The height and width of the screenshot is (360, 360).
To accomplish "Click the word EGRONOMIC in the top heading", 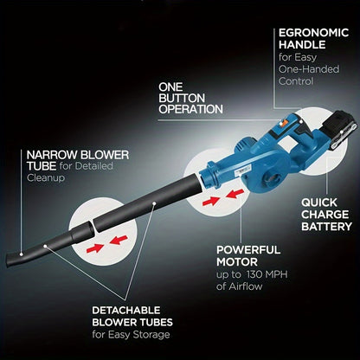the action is coord(313,33).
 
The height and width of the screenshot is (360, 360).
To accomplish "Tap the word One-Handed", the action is coord(309,69).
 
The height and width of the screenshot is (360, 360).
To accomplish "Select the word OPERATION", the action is coord(190,109).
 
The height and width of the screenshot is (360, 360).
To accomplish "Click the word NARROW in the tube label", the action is coord(52,155).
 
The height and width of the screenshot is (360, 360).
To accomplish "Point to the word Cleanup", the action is coord(46,178).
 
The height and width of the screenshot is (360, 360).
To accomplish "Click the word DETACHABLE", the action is coord(126,311).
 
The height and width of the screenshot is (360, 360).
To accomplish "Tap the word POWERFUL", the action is coord(248,250).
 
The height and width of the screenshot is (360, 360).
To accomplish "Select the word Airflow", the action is coord(246,286).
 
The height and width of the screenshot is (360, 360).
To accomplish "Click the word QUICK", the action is coord(319,202).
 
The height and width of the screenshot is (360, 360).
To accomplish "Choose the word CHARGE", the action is coord(325,215).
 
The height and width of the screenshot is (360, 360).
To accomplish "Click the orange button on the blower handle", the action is coord(282,124).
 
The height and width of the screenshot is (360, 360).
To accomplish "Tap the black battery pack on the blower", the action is coord(339,131).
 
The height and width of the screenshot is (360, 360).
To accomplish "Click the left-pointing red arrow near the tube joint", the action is coord(119,240).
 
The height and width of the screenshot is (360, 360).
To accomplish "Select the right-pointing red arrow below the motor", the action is coord(211,201).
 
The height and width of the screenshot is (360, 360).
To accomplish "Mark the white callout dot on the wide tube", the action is coord(154,203).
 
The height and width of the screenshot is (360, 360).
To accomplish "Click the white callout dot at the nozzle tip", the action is coord(22,254).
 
